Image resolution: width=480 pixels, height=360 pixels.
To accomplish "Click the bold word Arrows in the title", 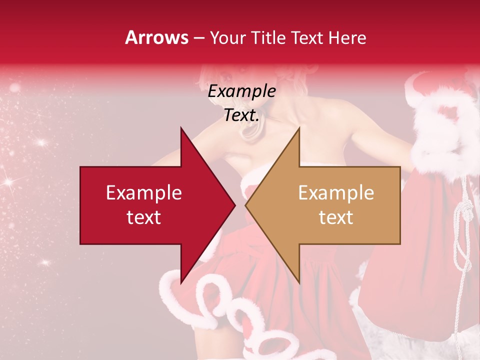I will pyautogui.click(x=156, y=37).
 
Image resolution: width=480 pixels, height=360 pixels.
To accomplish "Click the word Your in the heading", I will pyautogui.click(x=227, y=38).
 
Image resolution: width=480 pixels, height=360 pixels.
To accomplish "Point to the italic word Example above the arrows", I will pyautogui.click(x=241, y=91).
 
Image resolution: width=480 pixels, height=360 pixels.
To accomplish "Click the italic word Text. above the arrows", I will pyautogui.click(x=241, y=115).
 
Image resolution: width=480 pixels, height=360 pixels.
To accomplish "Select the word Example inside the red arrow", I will pyautogui.click(x=144, y=193).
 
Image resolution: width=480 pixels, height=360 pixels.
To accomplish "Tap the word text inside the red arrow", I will pyautogui.click(x=144, y=217).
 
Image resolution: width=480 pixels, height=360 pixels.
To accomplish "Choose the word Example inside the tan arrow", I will pyautogui.click(x=336, y=193).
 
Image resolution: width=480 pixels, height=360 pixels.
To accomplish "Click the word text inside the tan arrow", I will pyautogui.click(x=336, y=217).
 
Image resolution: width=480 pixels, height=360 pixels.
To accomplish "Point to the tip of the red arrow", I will pyautogui.click(x=234, y=205).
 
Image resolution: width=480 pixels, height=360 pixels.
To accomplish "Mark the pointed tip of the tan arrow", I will pyautogui.click(x=246, y=205).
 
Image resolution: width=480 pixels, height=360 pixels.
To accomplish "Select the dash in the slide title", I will pyautogui.click(x=198, y=38).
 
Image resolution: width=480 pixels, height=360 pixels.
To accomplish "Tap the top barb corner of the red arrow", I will pyautogui.click(x=181, y=128).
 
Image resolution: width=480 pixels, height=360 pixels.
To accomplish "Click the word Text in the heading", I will pyautogui.click(x=307, y=38).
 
